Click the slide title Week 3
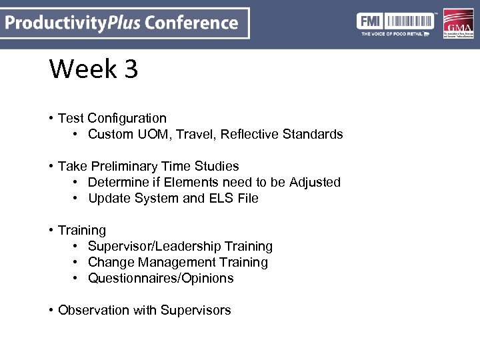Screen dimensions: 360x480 tap(93, 69)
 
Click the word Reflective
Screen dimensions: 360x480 tap(249, 134)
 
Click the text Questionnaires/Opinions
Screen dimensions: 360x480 tap(161, 278)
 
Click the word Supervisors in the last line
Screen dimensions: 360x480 tap(196, 310)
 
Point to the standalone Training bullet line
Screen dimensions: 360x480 tap(81, 230)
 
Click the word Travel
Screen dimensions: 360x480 tap(196, 134)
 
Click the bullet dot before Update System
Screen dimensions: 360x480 tap(76, 198)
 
